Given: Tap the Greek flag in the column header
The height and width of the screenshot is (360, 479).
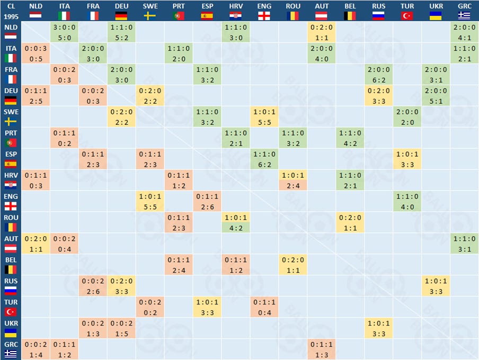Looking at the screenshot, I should [464, 15].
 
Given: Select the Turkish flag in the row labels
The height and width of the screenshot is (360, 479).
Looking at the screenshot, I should [11, 312].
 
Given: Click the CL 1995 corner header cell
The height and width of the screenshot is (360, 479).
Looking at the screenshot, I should [11, 11].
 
